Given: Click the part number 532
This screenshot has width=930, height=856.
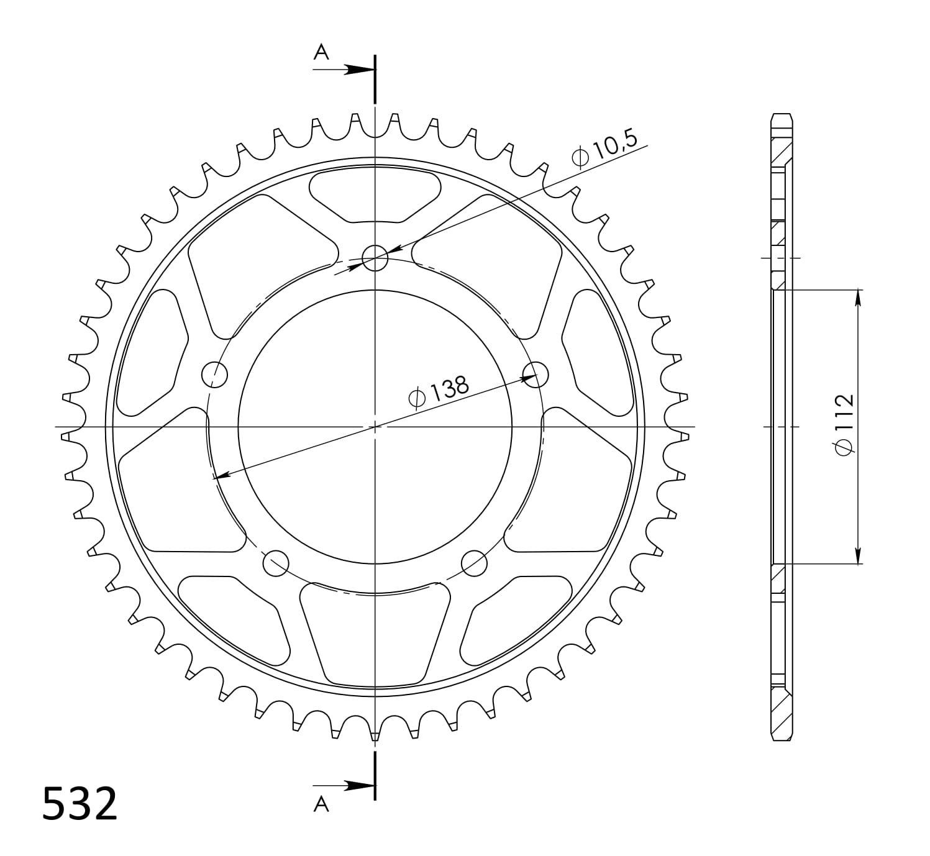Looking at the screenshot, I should click(80, 803).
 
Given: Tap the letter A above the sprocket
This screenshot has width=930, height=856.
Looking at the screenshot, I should click(321, 53).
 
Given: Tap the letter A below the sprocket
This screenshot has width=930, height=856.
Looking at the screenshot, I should click(321, 804).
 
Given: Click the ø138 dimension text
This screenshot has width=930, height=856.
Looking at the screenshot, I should click(439, 392).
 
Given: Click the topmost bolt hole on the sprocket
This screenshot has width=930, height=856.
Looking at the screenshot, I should click(375, 257).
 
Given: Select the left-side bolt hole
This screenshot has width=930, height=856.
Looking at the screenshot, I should click(215, 374).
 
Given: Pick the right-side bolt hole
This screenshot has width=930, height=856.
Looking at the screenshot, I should click(536, 374).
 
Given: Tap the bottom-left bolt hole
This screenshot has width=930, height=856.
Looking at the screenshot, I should click(276, 563).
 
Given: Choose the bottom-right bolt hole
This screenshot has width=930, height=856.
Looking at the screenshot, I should click(474, 563).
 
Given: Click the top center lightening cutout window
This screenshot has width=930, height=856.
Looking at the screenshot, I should click(375, 194).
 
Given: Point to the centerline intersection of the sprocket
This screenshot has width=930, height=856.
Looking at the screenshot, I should click(375, 427).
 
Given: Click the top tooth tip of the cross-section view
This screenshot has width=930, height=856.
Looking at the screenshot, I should click(782, 116).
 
